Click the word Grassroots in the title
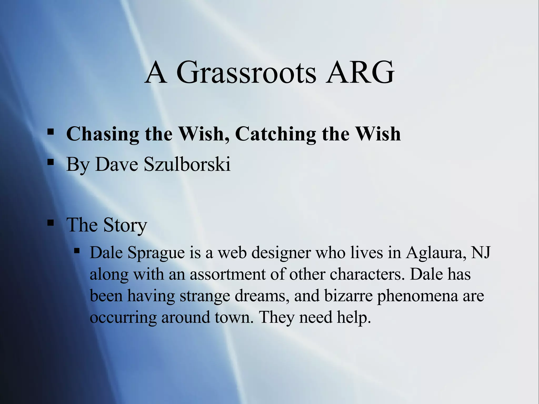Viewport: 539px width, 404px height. [x=246, y=72]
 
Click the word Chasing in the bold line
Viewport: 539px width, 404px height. [x=103, y=134]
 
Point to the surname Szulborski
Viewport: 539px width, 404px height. [x=187, y=164]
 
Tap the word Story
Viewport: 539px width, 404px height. [x=125, y=225]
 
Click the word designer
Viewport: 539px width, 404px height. [x=281, y=253]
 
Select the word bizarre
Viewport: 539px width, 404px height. [x=348, y=296]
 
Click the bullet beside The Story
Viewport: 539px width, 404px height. [x=51, y=223]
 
